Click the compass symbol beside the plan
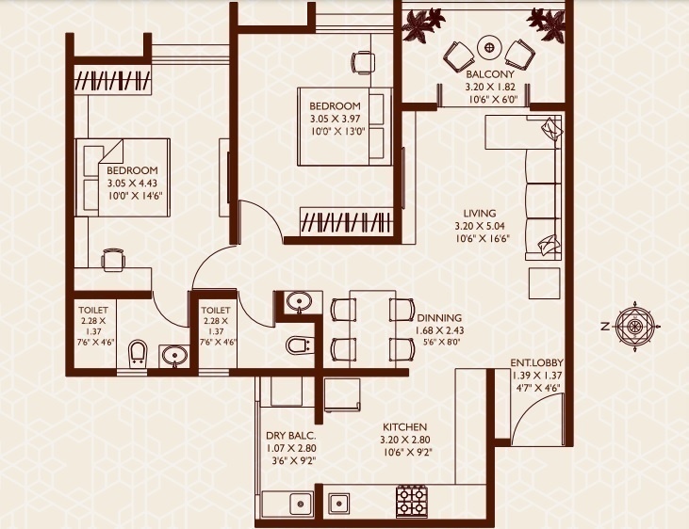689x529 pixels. pos(634,326)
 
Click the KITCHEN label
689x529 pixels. pos(404,426)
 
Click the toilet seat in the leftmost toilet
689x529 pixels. pos(138,354)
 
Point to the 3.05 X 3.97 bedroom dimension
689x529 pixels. pos(334,119)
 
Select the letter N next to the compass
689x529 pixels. pos(605,327)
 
